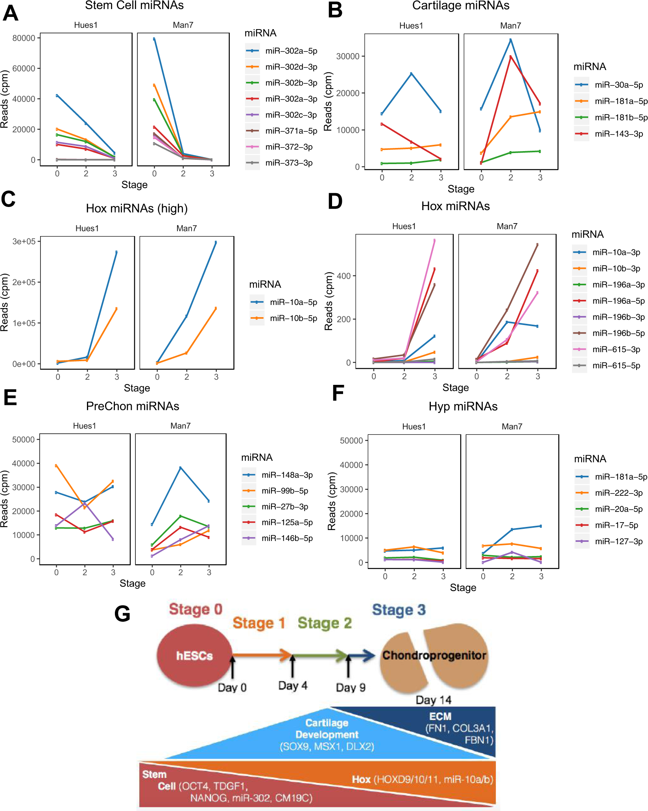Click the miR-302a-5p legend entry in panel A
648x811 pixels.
pos(291,51)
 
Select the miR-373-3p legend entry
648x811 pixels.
pos(288,163)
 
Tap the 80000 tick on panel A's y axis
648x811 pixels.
pos(24,38)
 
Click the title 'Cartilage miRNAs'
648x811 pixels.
pos(460,6)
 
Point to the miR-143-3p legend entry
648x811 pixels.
pos(618,134)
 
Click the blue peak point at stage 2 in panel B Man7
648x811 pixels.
pos(511,40)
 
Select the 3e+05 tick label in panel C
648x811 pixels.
pos(24,242)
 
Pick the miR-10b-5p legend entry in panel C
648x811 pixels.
pos(293,318)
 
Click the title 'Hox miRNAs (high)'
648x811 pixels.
pos(137,208)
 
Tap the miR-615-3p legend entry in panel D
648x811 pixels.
pos(616,349)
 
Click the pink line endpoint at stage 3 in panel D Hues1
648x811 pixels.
pos(434,240)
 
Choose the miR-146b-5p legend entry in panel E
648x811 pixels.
pos(287,538)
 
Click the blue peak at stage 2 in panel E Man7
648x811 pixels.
pos(181,468)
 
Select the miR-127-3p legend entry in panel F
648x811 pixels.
pos(618,541)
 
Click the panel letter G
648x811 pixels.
pos(122,613)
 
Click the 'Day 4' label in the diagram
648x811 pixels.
pos(293,686)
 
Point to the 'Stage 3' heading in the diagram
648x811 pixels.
pos(399,610)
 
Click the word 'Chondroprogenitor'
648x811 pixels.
pos(434,656)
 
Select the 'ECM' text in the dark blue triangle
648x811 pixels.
pos(440,717)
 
